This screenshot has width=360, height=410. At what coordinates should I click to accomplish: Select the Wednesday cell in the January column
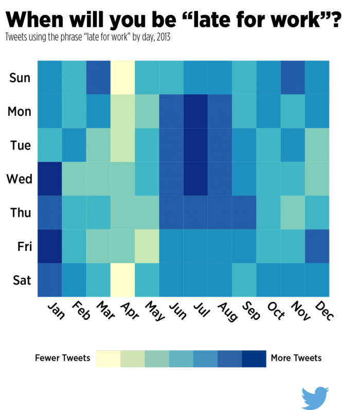[x=49, y=179]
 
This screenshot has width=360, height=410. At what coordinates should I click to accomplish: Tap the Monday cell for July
[x=195, y=111]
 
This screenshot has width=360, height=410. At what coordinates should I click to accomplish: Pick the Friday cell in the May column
[x=147, y=246]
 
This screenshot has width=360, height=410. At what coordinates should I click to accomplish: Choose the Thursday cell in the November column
[x=293, y=212]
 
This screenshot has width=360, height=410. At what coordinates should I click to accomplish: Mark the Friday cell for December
[x=317, y=246]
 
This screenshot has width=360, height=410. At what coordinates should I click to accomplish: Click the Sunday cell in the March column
[x=98, y=77]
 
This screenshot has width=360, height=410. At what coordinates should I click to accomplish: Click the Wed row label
[x=20, y=179]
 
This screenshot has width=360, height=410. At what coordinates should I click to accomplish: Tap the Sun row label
[x=20, y=78]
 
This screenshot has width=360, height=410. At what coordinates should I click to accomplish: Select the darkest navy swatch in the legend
[x=254, y=359]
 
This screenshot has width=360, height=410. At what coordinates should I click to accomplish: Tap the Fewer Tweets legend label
[x=62, y=358]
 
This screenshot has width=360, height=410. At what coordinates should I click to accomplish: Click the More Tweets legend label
[x=296, y=358]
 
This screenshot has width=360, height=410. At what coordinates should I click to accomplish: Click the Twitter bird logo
[x=315, y=398]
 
